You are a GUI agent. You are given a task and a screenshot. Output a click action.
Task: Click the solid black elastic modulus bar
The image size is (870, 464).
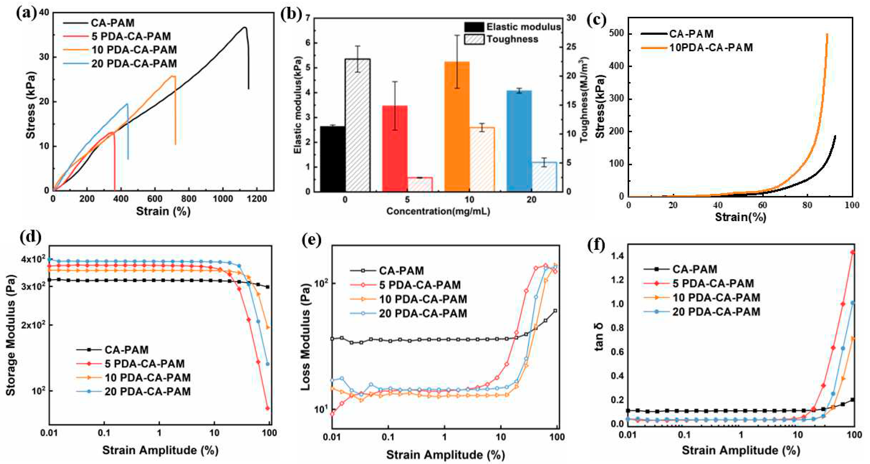click(332, 159)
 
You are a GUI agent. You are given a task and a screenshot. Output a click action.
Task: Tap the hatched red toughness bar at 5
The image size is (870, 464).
click(420, 185)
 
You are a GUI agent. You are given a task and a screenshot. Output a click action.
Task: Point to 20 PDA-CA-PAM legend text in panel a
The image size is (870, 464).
click(134, 64)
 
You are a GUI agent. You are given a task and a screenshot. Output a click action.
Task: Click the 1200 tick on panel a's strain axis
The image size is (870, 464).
click(257, 199)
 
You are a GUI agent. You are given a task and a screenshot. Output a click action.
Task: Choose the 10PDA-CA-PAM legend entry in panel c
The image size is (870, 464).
click(711, 48)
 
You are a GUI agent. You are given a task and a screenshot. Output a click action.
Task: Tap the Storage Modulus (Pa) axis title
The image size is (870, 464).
click(11, 335)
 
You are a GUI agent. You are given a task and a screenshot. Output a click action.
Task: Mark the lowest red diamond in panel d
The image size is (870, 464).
click(267, 408)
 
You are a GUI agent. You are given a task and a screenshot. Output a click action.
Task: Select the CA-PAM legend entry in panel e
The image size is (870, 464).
click(401, 271)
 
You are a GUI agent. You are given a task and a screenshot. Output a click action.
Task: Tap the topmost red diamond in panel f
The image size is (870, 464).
click(852, 252)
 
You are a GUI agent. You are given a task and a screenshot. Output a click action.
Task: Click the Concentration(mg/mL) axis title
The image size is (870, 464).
click(438, 212)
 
